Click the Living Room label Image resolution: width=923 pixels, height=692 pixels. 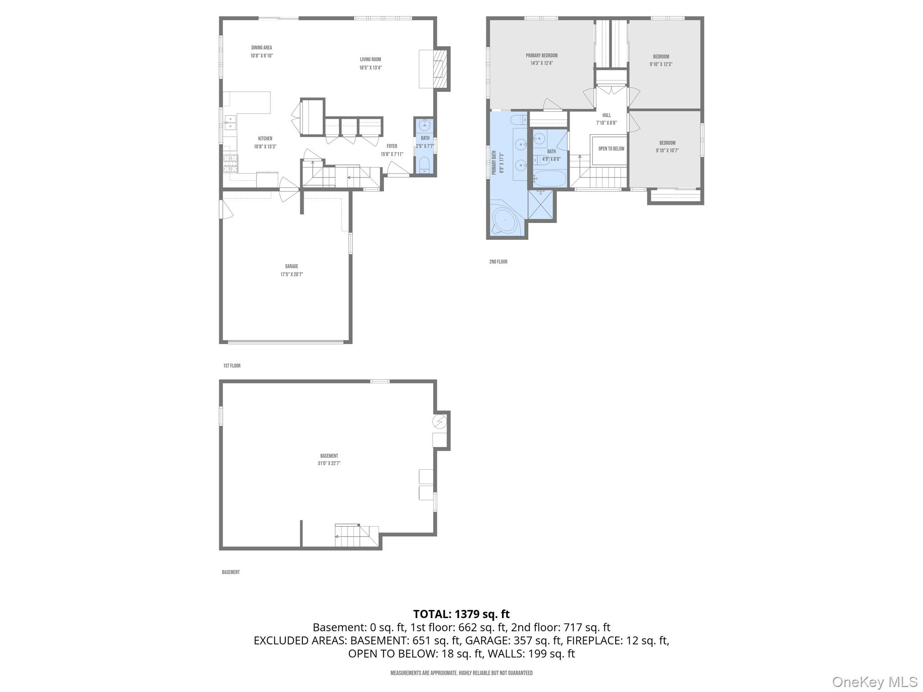point(370,59)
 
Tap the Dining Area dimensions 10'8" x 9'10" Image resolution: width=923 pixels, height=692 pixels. point(261,56)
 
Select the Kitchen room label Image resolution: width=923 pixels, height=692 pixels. point(265,139)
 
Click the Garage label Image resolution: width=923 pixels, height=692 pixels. point(291,266)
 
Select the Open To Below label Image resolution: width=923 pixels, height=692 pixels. point(611,149)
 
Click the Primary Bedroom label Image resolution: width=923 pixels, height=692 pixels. point(541,56)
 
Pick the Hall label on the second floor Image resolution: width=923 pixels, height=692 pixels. point(606,115)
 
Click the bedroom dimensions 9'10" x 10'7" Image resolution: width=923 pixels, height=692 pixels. point(667,151)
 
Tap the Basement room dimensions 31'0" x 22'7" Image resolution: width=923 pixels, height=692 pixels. point(329,463)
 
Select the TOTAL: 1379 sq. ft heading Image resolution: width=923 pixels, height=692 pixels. point(461,614)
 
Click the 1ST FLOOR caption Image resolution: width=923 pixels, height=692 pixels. point(232,366)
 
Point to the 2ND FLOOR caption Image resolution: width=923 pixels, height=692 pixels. point(498,262)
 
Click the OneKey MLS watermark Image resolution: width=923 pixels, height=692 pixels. point(874,682)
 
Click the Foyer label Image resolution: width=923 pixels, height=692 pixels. point(392,146)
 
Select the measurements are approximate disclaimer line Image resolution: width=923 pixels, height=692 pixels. point(461,673)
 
